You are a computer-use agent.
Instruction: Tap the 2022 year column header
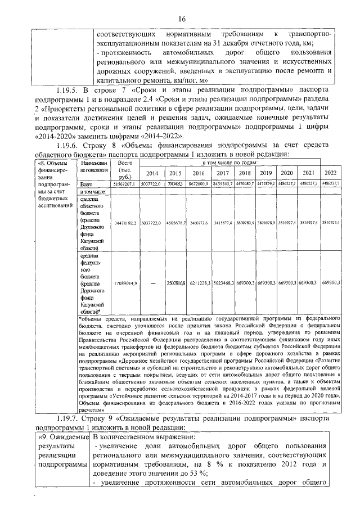[331, 173]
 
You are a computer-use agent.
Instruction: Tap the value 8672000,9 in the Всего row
[200, 184]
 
